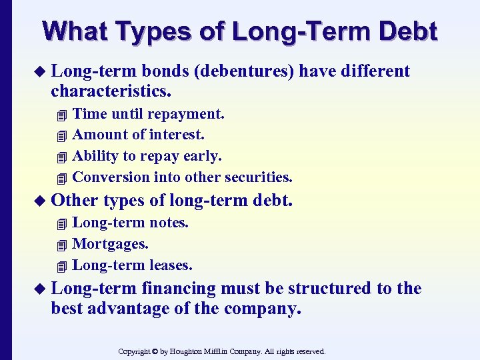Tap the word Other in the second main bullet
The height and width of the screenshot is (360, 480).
click(75, 200)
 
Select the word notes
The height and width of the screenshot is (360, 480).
click(169, 223)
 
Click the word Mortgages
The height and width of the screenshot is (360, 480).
click(111, 244)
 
